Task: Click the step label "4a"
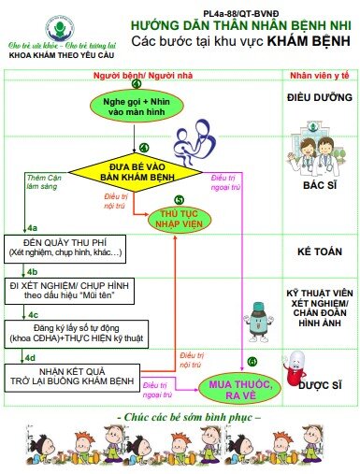click(x=32, y=228)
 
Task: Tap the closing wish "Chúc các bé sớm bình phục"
click(x=184, y=414)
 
